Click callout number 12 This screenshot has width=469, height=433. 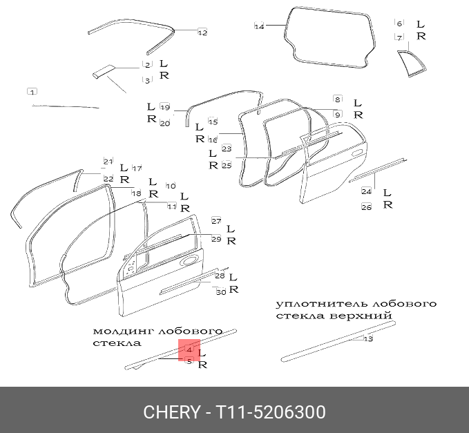point(202,32)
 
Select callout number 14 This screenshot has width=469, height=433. point(260,26)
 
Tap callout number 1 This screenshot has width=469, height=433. point(32,91)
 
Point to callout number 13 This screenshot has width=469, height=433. point(368,339)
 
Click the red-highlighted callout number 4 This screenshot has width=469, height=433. point(189,350)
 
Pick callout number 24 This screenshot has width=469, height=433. point(367,191)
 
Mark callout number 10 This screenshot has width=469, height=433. point(171,186)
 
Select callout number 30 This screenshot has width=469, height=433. point(221,292)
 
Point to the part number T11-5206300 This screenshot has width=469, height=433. point(271,412)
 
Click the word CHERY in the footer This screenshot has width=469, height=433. point(171,412)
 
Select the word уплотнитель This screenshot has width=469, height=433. point(311,304)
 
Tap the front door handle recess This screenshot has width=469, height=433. point(187,262)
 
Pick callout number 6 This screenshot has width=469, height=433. point(399,23)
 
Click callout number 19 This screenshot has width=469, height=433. point(164,107)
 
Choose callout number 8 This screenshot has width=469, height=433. point(337,99)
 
